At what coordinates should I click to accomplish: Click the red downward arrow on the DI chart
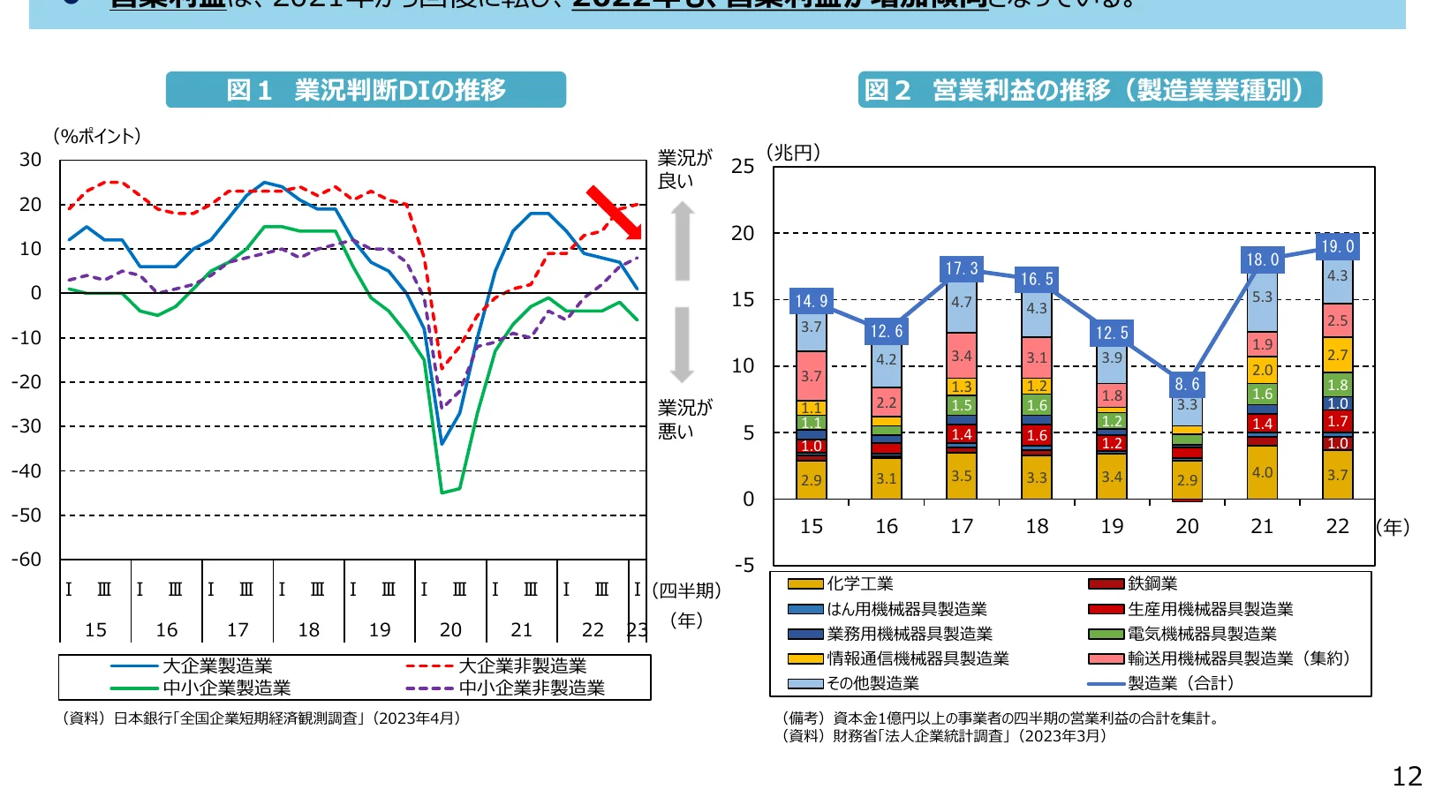pos(615,213)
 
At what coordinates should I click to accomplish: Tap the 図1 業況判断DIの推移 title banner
pos(366,90)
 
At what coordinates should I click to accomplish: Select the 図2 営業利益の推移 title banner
pos(1089,90)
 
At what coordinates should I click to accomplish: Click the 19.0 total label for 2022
pos(1337,246)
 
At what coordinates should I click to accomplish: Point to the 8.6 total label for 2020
pos(1187,384)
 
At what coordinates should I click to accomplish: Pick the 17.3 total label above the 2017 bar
pos(961,268)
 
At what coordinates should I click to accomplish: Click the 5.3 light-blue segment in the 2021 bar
pos(1262,297)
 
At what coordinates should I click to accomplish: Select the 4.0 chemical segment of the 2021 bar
pos(1262,472)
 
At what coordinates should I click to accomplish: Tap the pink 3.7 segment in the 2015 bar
pos(811,376)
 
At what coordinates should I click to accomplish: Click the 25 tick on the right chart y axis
pos(743,167)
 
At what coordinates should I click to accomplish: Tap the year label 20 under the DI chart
pos(450,629)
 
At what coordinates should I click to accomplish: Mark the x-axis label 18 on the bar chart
pos(1037,526)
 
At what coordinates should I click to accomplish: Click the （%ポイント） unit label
pos(97,136)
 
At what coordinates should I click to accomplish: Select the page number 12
pos(1407,776)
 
